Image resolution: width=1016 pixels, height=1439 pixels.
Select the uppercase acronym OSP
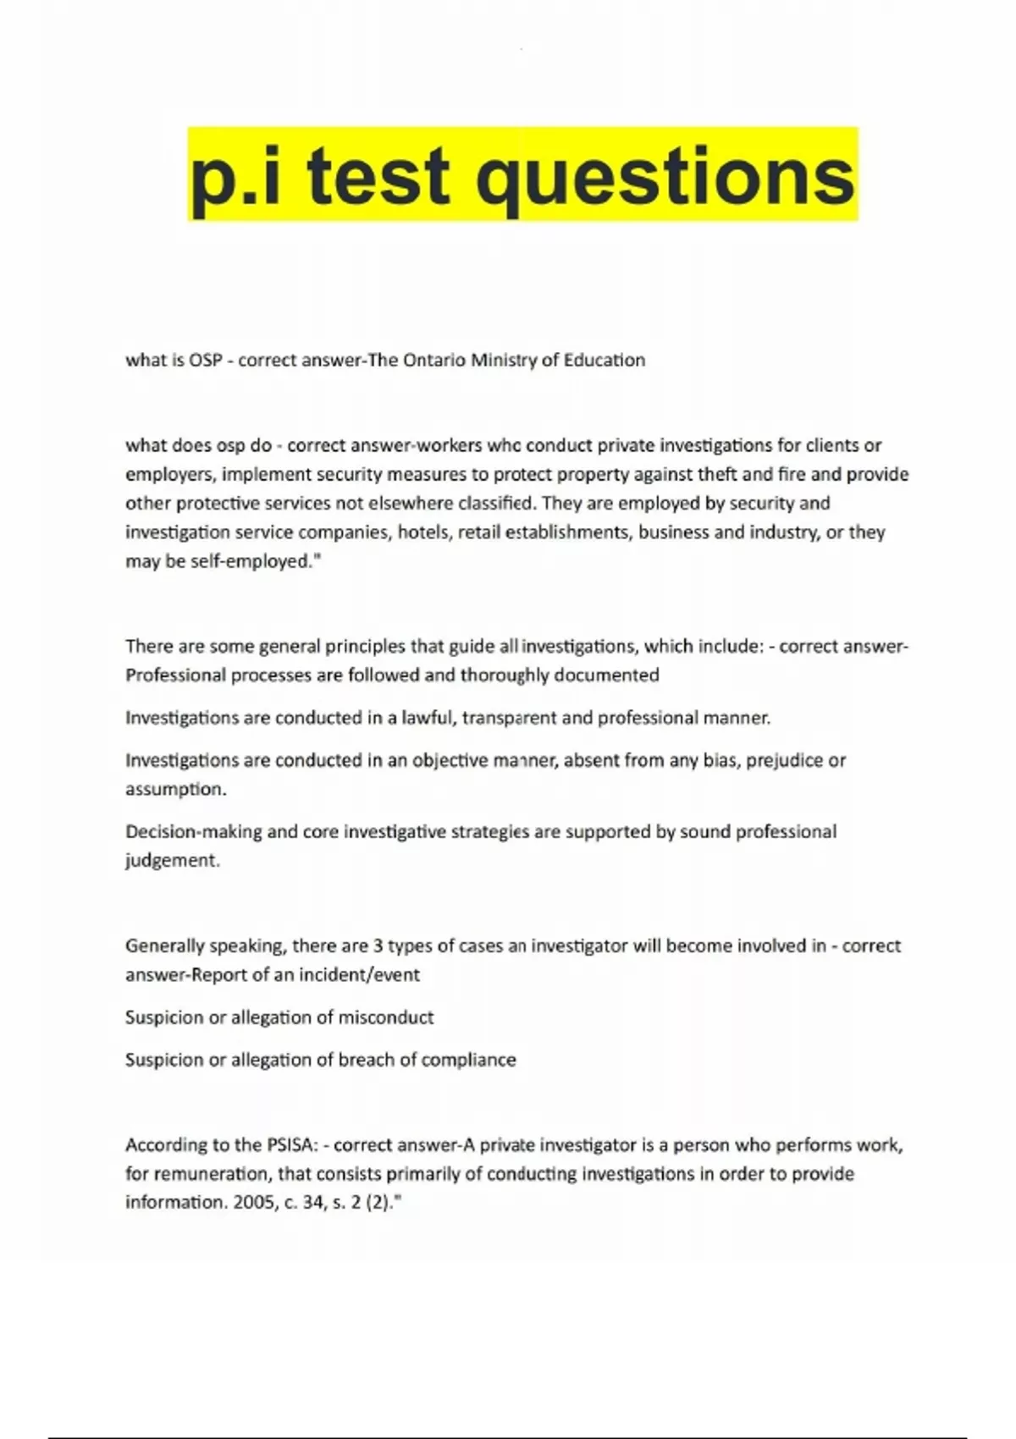coord(205,360)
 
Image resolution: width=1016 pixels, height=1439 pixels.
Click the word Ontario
coord(434,360)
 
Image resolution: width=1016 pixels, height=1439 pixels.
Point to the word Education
coord(605,360)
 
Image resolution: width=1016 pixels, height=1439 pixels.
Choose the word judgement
coord(172,860)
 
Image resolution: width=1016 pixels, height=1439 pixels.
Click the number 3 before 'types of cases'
coord(378,946)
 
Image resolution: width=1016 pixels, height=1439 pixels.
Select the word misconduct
coord(386,1017)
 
